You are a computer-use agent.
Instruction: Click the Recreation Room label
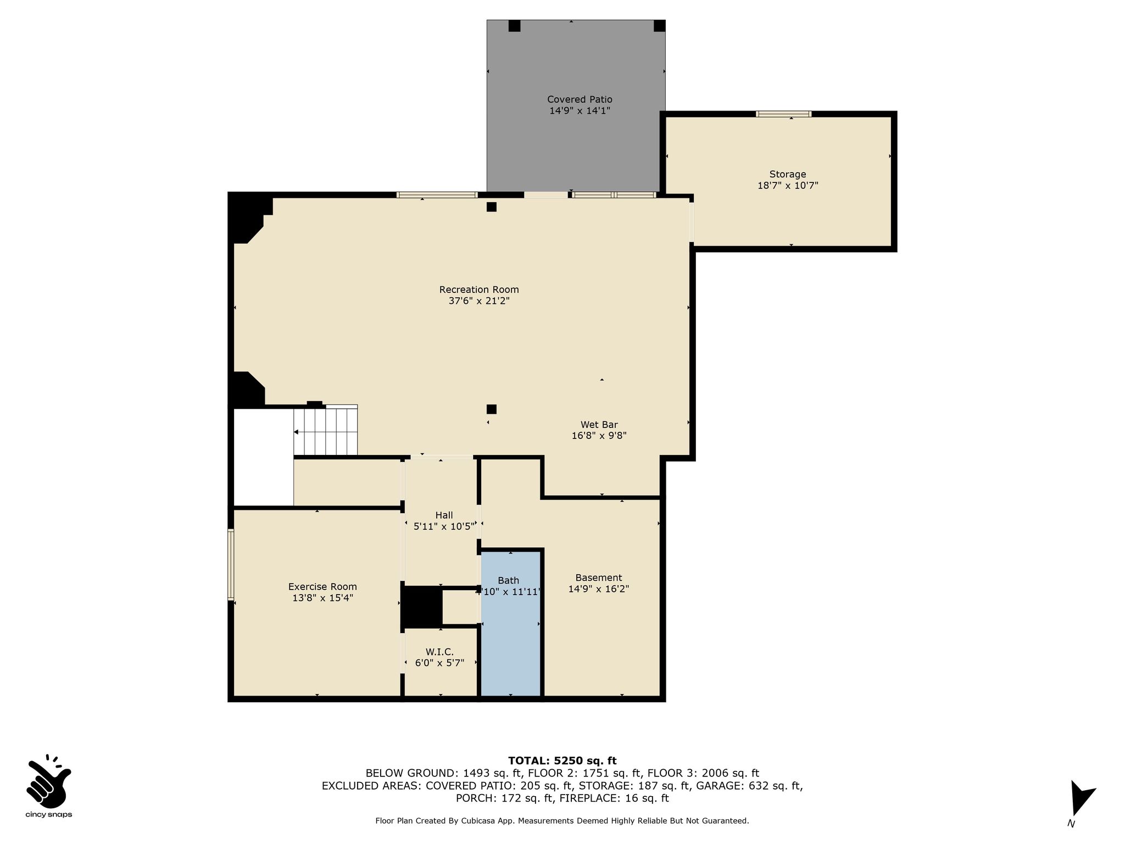pyautogui.click(x=479, y=290)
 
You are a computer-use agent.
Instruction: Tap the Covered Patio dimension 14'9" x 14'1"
pyautogui.click(x=580, y=110)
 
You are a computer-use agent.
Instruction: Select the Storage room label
pyautogui.click(x=788, y=174)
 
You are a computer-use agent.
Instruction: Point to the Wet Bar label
pyautogui.click(x=599, y=425)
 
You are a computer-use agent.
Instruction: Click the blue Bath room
pyautogui.click(x=511, y=623)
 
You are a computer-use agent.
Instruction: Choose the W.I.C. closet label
pyautogui.click(x=439, y=652)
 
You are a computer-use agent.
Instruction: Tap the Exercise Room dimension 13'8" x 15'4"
pyautogui.click(x=322, y=598)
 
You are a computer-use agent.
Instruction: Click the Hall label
pyautogui.click(x=444, y=515)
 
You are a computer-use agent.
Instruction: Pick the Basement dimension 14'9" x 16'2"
pyautogui.click(x=599, y=589)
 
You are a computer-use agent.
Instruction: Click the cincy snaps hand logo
pyautogui.click(x=48, y=779)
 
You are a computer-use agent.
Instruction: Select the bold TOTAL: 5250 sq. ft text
pyautogui.click(x=562, y=761)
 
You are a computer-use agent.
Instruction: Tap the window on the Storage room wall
pyautogui.click(x=784, y=114)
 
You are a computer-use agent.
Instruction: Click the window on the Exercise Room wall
pyautogui.click(x=231, y=564)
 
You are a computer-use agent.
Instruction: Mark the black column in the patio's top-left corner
pyautogui.click(x=514, y=26)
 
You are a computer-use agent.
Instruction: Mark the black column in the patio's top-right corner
pyautogui.click(x=659, y=26)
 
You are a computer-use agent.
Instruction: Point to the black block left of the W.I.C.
pyautogui.click(x=422, y=607)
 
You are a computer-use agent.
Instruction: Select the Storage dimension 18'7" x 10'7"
pyautogui.click(x=788, y=186)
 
